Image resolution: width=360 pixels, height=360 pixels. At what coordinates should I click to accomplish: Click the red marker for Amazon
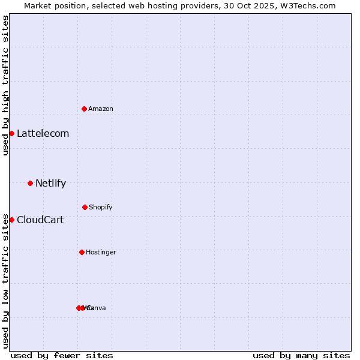(85, 109)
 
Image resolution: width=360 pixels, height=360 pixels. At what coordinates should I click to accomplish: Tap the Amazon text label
(101, 109)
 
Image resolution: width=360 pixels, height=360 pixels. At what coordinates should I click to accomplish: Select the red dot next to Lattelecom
(11, 133)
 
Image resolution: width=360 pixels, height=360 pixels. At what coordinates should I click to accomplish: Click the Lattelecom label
(43, 134)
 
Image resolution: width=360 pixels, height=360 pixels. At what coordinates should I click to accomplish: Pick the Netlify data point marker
(30, 183)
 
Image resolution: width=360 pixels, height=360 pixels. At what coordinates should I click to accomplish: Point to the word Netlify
(50, 184)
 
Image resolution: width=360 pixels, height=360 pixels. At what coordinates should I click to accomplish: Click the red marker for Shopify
(85, 207)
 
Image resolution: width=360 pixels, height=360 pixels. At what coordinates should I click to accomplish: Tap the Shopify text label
(101, 208)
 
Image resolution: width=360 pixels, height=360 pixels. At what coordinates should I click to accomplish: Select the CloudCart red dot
(11, 220)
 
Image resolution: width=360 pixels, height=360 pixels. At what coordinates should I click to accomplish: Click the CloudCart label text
(40, 220)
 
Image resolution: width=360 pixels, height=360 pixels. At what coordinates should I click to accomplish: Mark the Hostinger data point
(82, 252)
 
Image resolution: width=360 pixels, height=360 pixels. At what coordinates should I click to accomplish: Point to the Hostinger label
(101, 253)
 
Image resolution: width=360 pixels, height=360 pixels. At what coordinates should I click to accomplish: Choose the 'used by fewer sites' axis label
(62, 355)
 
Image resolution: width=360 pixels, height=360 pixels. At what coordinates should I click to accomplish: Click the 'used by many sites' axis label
(301, 355)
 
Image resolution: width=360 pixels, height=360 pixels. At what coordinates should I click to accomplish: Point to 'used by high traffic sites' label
(6, 85)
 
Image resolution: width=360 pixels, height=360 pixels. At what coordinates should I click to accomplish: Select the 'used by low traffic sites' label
(6, 281)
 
